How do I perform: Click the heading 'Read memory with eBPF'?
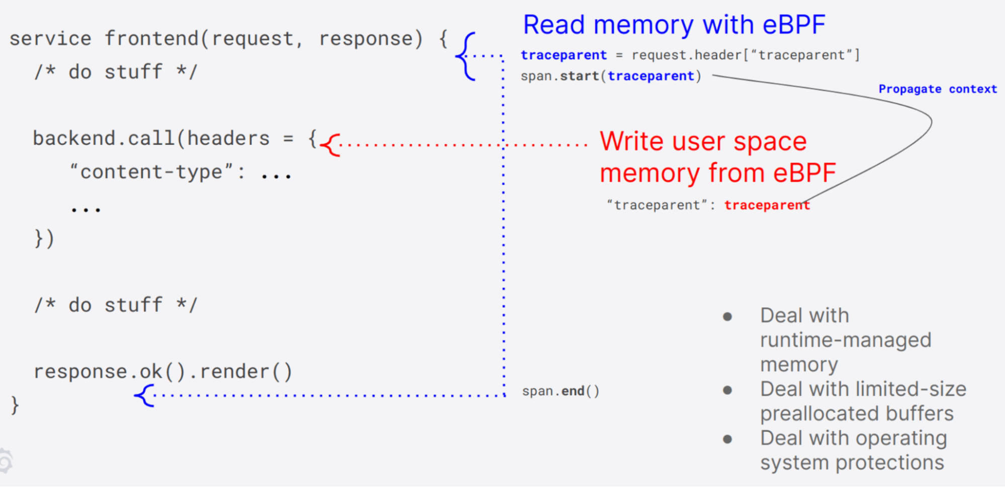674,25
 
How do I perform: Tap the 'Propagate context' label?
937,89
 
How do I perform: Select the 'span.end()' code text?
560,391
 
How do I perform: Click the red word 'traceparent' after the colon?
767,205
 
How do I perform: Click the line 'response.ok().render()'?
162,372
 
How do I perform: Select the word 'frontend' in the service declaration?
151,39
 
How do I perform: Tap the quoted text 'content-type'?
151,172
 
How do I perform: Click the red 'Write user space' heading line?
703,141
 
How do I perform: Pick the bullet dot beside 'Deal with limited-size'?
727,390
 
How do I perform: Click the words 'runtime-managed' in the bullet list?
845,341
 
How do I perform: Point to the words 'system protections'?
852,463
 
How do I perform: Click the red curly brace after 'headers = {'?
330,145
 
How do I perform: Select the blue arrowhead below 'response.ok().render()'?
144,395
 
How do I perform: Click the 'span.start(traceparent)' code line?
610,76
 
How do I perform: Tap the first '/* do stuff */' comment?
116,72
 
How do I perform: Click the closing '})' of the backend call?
44,238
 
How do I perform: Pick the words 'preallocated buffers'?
856,414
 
